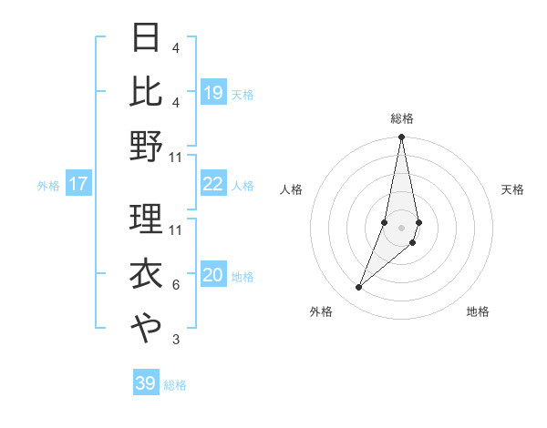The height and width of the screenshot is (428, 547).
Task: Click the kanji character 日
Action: [146, 38]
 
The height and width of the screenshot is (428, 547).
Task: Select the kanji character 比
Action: [146, 91]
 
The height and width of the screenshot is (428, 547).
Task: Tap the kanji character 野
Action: [146, 146]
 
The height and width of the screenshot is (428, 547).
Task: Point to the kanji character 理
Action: [146, 219]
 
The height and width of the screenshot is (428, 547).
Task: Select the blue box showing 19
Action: [212, 93]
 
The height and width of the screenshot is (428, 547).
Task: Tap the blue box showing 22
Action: [212, 185]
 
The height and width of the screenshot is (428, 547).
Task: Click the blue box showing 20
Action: [212, 276]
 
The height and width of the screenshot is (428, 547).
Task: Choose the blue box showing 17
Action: [78, 185]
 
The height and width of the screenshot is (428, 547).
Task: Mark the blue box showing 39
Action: [145, 383]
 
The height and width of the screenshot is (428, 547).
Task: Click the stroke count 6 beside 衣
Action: [175, 285]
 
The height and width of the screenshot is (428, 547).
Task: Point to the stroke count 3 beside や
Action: [175, 340]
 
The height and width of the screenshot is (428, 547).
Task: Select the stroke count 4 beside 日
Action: [175, 47]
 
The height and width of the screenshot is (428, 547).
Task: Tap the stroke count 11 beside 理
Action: [176, 229]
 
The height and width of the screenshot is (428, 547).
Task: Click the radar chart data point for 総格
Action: [401, 138]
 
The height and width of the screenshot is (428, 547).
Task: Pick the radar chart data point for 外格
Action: [359, 288]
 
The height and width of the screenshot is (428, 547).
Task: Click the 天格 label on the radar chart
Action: [513, 189]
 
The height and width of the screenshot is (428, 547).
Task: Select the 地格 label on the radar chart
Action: [478, 311]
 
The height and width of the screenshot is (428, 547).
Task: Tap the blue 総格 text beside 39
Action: [175, 385]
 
